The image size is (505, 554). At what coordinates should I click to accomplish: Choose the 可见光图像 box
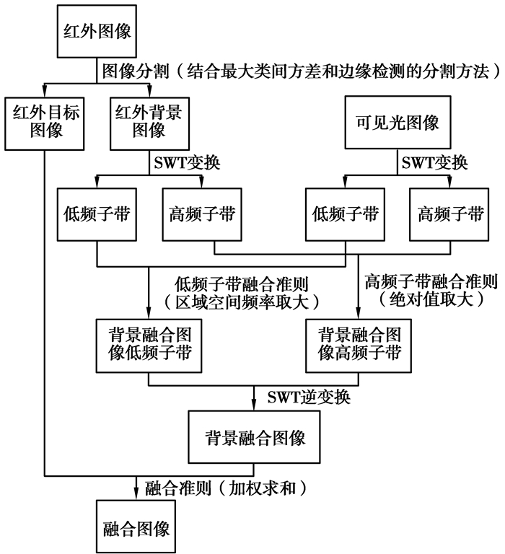point(396,122)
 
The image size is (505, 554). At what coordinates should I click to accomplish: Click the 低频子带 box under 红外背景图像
point(97,214)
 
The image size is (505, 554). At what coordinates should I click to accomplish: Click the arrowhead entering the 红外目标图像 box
point(44,92)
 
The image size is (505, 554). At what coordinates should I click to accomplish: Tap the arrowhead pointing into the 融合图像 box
point(136,497)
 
